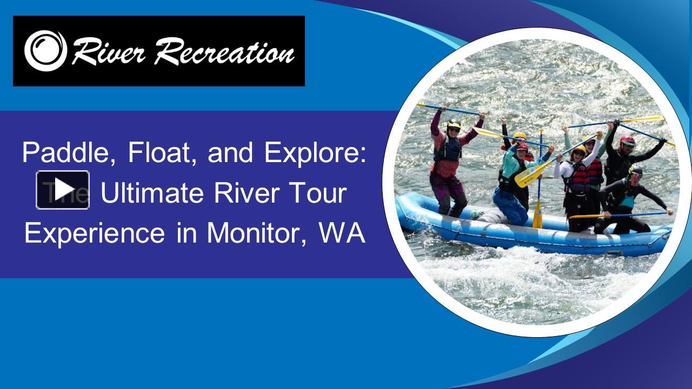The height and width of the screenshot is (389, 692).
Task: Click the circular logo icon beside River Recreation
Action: (x=45, y=51)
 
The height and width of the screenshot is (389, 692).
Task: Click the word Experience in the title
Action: (x=95, y=233)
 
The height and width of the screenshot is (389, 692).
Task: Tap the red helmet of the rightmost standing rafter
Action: (x=628, y=141)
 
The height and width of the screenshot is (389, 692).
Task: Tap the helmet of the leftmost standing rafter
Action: (x=454, y=125)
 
